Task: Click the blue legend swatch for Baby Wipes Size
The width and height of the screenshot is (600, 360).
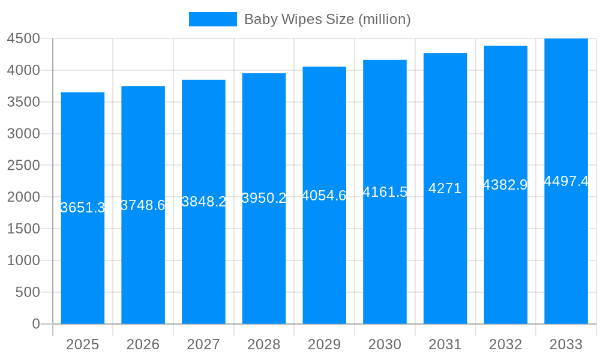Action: [212, 19]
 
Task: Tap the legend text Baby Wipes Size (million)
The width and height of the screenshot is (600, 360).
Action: [327, 19]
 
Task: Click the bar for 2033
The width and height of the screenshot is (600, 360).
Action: [566, 252]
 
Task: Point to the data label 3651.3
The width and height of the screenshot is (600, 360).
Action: [83, 208]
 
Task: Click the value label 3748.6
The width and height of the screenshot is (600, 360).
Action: [143, 205]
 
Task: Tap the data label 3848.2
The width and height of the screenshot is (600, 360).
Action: [203, 202]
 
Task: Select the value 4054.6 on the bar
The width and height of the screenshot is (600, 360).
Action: [324, 196]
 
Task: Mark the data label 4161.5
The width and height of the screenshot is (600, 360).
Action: [385, 192]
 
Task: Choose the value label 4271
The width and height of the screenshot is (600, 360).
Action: [445, 188]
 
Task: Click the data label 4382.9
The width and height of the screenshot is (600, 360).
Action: [505, 185]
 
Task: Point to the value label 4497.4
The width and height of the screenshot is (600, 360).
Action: [566, 181]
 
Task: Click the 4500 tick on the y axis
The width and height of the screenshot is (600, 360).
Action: [23, 39]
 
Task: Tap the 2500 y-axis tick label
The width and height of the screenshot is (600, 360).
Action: [23, 166]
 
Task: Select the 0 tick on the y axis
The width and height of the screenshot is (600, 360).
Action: [35, 324]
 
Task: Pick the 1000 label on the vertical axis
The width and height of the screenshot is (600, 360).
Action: [23, 260]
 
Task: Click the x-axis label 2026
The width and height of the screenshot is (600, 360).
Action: [143, 344]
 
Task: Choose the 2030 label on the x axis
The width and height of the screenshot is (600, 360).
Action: [385, 344]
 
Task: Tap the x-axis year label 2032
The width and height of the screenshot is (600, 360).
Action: [505, 344]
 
